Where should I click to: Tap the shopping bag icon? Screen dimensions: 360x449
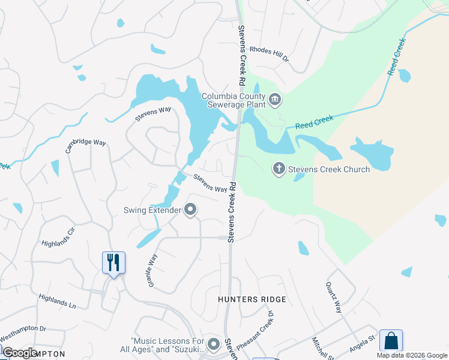pyautogui.click(x=391, y=341)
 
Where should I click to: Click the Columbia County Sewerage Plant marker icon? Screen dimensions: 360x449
pyautogui.click(x=275, y=100)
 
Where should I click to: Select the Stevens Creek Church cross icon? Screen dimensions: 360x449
pyautogui.click(x=279, y=169)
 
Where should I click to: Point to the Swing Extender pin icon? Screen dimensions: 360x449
pyautogui.click(x=191, y=210)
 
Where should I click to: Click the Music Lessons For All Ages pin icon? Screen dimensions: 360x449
pyautogui.click(x=214, y=344)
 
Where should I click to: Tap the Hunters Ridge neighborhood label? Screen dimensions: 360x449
pyautogui.click(x=252, y=299)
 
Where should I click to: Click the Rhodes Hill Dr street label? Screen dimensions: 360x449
pyautogui.click(x=270, y=55)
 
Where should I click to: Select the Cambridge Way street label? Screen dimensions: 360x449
pyautogui.click(x=85, y=146)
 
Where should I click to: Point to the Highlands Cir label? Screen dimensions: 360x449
pyautogui.click(x=58, y=238)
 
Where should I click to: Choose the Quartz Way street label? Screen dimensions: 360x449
pyautogui.click(x=334, y=298)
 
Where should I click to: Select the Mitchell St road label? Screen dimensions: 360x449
pyautogui.click(x=318, y=348)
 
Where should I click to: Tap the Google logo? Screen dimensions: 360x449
pyautogui.click(x=19, y=353)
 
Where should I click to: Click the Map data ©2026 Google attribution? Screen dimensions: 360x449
pyautogui.click(x=412, y=355)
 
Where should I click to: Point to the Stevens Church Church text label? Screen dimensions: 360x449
pyautogui.click(x=329, y=169)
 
